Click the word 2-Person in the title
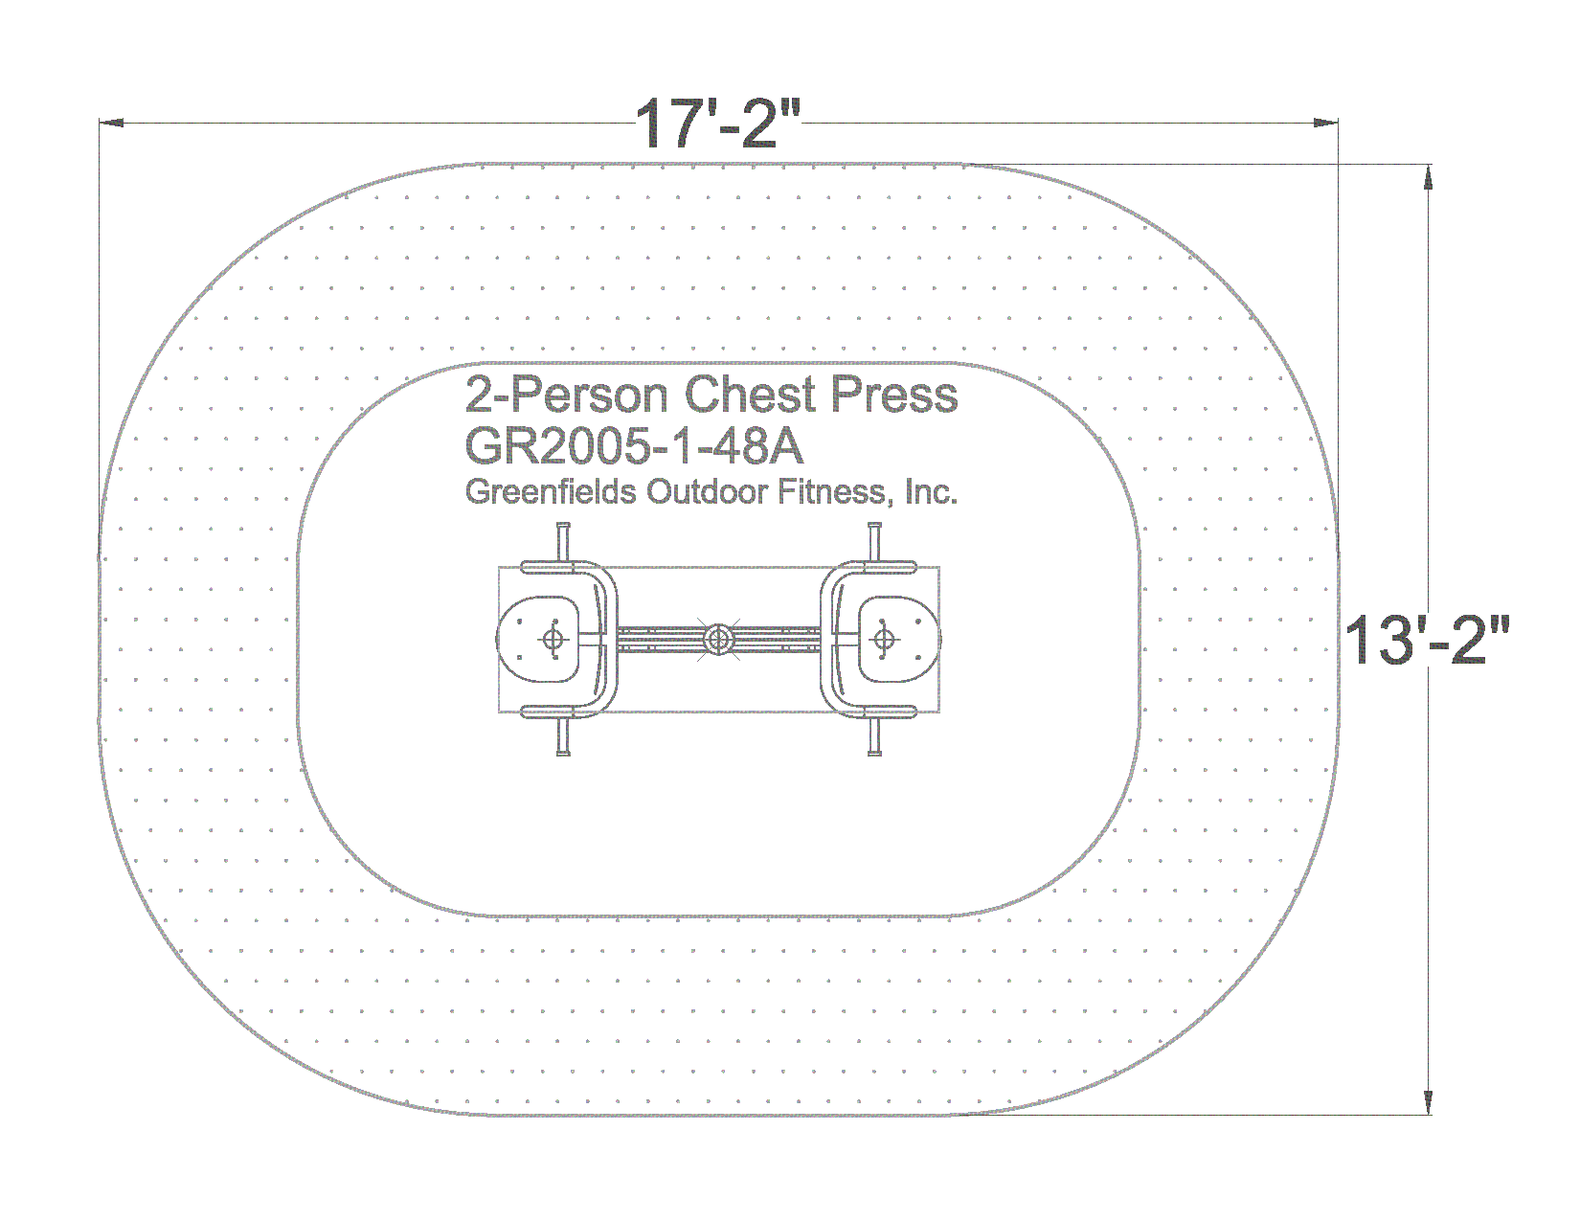[x=567, y=396]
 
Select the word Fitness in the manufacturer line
[x=835, y=493]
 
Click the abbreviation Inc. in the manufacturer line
[x=931, y=492]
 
